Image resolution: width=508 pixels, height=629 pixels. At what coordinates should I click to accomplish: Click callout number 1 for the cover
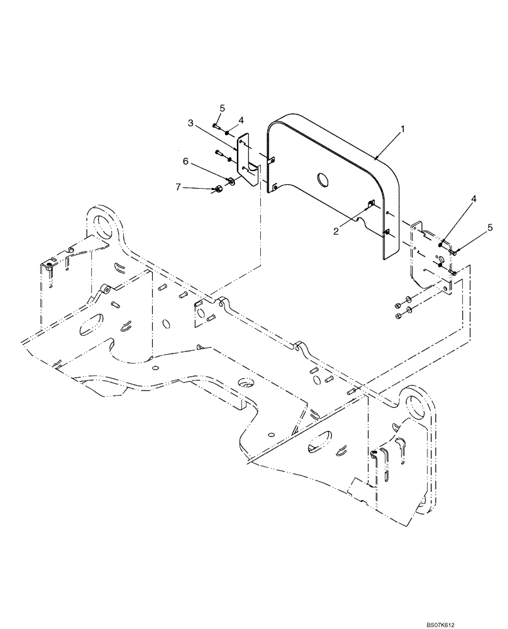[x=403, y=129]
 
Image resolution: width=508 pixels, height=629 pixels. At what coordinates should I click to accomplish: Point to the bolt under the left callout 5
[x=216, y=128]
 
